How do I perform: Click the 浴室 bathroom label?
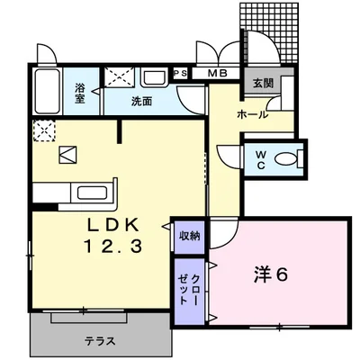tap(80, 94)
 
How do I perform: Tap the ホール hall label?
tap(252, 115)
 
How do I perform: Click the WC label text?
tap(259, 159)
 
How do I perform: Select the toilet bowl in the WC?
tap(285, 159)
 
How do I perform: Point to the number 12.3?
tap(113, 245)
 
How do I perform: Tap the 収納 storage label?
tap(189, 236)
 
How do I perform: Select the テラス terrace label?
tap(100, 342)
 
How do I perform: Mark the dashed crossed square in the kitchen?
tap(43, 131)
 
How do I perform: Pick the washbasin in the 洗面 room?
tap(154, 78)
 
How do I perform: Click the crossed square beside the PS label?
tap(115, 77)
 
